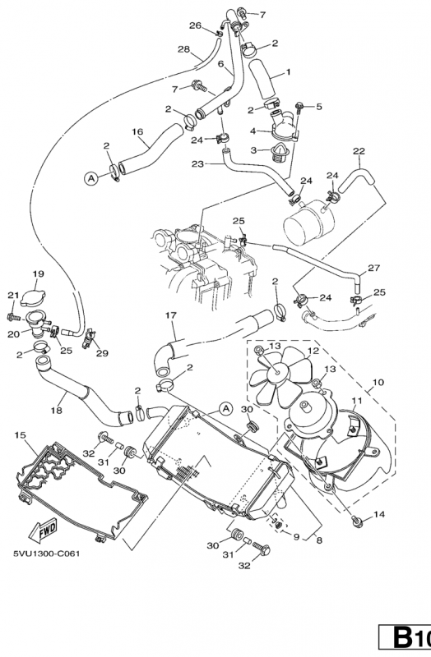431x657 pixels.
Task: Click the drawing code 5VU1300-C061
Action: click(47, 554)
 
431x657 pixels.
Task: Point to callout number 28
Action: click(183, 49)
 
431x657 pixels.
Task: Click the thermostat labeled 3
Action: click(279, 154)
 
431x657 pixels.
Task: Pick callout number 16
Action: click(137, 131)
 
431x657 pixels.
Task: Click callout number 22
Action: click(359, 151)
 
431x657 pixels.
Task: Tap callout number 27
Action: click(374, 268)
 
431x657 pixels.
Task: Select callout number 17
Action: click(171, 315)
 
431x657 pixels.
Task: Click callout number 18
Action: click(56, 410)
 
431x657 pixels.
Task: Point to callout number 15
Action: click(20, 435)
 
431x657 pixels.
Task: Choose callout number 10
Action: click(378, 382)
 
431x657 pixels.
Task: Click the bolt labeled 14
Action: click(358, 521)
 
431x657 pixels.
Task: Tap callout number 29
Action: click(102, 353)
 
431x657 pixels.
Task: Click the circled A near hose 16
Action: click(90, 178)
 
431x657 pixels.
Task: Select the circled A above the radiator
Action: click(226, 408)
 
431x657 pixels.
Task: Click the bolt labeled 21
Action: click(13, 317)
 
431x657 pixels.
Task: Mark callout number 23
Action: click(197, 163)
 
